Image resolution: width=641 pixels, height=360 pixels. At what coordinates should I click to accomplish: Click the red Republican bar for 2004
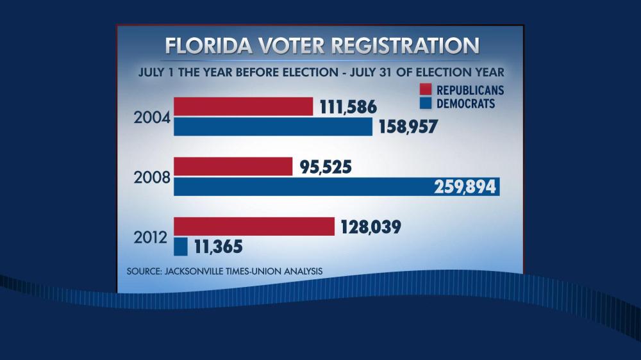point(243,106)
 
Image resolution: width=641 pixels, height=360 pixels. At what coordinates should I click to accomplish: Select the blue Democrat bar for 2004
point(272,127)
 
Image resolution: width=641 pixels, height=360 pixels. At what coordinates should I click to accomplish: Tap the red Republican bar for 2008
point(233,167)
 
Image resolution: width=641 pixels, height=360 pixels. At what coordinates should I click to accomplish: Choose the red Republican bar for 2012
point(254,227)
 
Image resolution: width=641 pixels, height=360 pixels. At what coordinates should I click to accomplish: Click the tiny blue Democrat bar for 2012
point(181,247)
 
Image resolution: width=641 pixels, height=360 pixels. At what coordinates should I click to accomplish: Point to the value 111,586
point(348,107)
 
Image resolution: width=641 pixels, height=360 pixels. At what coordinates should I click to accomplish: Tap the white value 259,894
point(465,187)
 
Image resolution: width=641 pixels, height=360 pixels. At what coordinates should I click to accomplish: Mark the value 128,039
point(370,227)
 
